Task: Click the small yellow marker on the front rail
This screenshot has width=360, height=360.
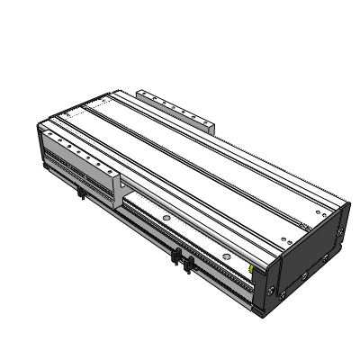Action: (x=253, y=266)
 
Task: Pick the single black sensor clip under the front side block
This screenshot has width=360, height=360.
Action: (x=83, y=193)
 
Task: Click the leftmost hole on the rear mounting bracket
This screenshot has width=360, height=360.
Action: (x=146, y=94)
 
